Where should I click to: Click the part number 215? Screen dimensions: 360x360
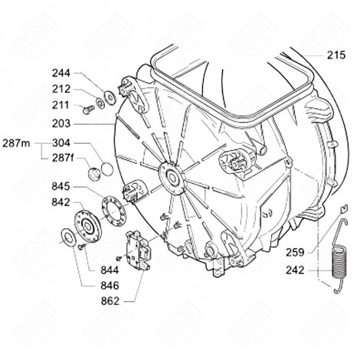point(336,55)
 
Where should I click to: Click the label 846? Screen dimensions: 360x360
point(109,283)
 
